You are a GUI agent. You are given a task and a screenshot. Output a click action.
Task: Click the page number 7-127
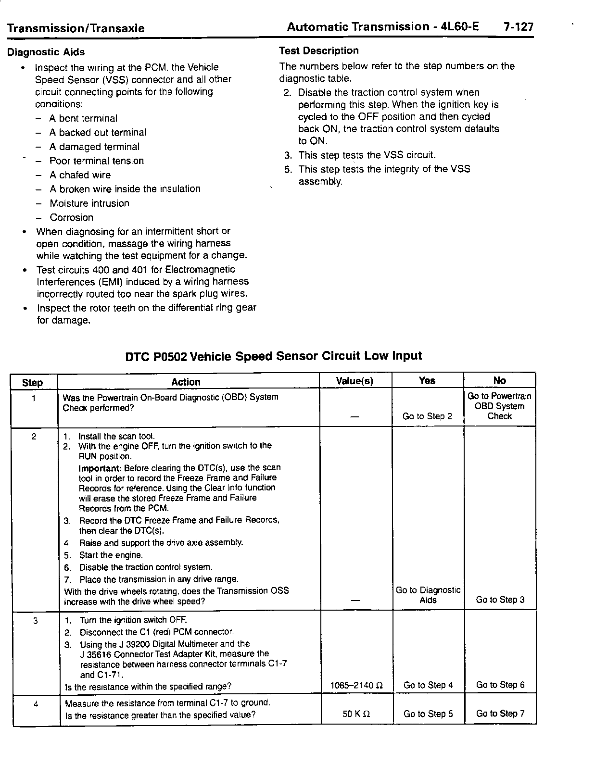point(518,27)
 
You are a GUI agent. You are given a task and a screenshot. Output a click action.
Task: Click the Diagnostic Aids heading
point(46,52)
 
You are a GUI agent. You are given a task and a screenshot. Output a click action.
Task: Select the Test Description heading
point(318,50)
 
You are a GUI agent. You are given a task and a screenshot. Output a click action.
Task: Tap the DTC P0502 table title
point(273,356)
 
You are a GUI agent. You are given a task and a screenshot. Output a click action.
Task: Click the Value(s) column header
point(355,381)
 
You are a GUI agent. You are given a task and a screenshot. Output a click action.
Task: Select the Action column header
point(186,382)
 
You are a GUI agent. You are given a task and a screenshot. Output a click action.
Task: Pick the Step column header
point(32,383)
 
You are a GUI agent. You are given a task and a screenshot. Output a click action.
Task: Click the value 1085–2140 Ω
point(356,685)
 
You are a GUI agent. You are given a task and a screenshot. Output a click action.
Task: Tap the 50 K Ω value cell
point(356,714)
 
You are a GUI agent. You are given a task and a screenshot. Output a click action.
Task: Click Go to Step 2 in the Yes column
point(427,416)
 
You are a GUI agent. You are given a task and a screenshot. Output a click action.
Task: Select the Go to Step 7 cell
point(500,714)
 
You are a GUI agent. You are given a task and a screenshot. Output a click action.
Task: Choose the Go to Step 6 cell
point(500,685)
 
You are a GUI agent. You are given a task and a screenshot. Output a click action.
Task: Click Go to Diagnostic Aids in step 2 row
point(428,595)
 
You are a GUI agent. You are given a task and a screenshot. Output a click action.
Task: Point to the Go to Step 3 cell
point(500,600)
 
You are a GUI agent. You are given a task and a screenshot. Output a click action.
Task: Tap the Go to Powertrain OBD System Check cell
point(499,406)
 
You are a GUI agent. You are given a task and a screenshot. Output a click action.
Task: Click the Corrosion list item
point(71,217)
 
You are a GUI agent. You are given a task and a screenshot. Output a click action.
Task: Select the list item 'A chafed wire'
point(80,175)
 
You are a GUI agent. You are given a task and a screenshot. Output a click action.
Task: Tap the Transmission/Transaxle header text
point(76,28)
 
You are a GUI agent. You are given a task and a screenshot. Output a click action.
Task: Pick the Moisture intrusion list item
point(89,203)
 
